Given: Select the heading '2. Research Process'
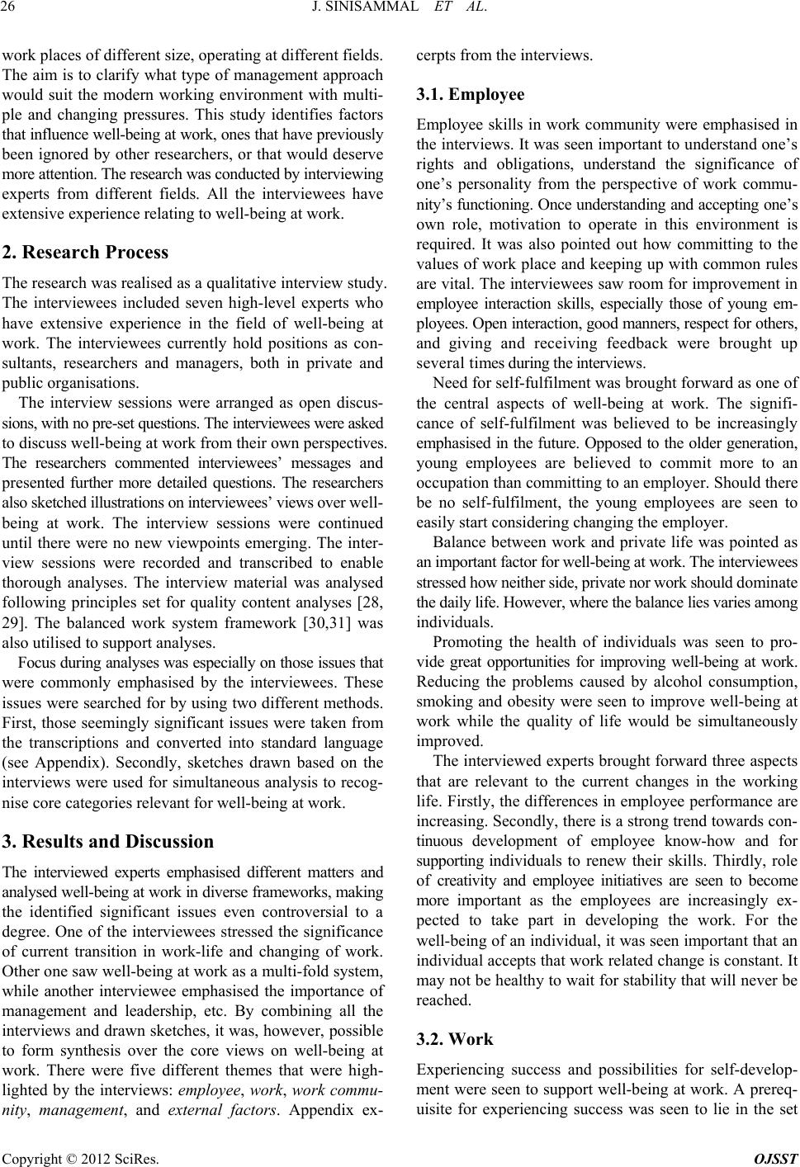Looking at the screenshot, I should click(86, 252).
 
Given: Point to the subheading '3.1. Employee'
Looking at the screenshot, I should click(469, 95).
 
